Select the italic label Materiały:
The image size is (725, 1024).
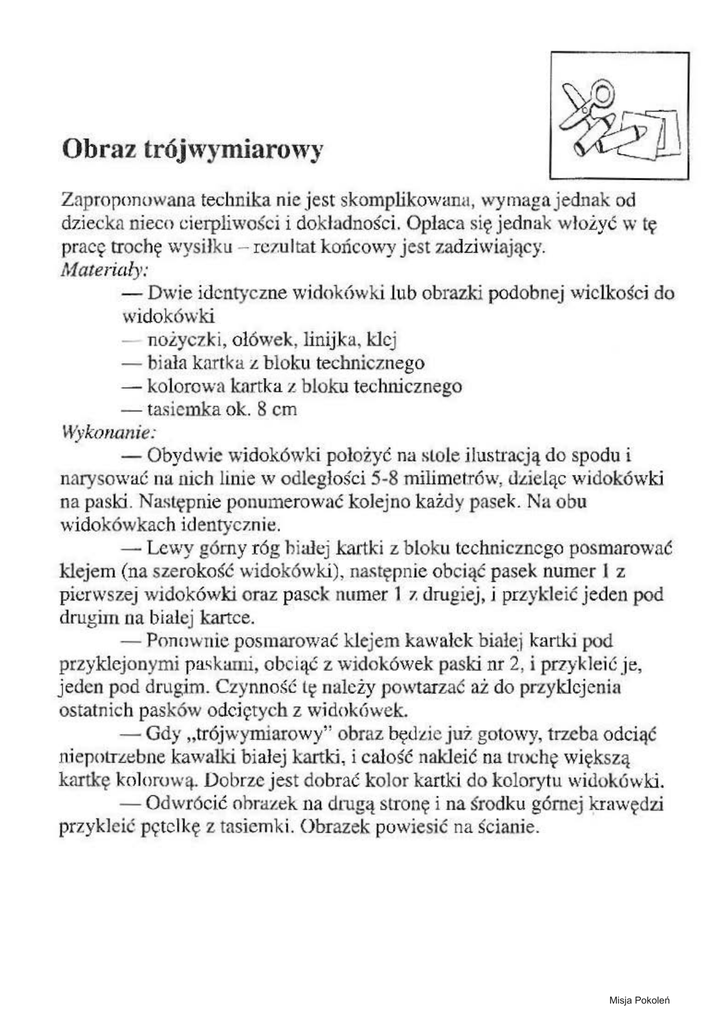tap(105, 270)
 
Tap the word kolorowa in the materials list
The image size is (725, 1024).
tap(184, 385)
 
